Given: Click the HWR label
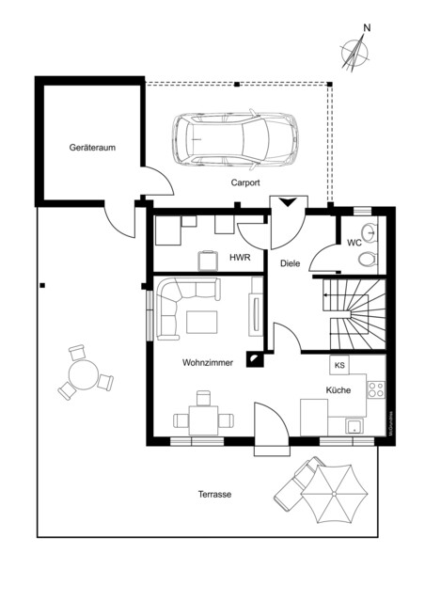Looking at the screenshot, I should point(240,257).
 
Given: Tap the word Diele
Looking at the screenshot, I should point(290,263).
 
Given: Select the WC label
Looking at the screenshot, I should point(354,243).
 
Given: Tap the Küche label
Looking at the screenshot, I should point(338,388).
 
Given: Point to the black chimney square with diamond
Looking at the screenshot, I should point(254,358).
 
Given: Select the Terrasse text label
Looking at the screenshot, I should point(214,494).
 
